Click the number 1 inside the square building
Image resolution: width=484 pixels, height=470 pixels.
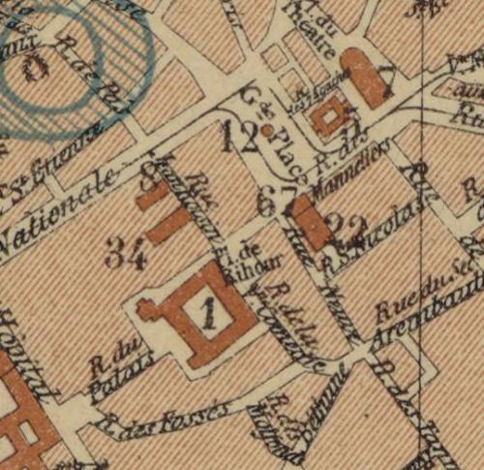212,311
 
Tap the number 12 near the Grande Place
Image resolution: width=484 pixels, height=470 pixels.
238,139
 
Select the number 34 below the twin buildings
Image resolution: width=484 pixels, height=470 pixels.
127,256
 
